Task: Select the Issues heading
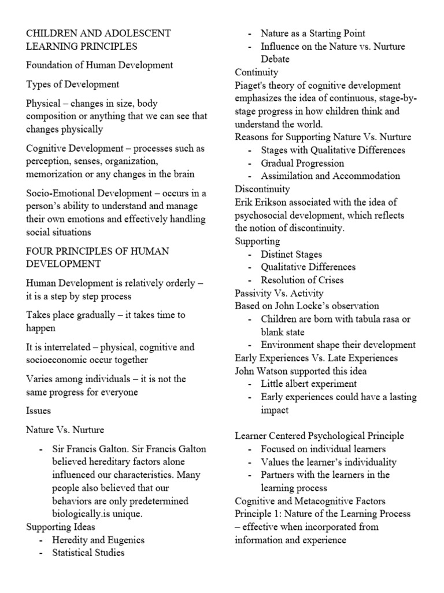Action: click(x=39, y=411)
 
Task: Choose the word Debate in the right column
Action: click(x=275, y=59)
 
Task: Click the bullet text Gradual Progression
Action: click(x=302, y=163)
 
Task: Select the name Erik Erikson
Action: click(x=261, y=202)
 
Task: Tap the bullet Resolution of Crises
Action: click(x=302, y=280)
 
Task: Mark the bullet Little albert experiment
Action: click(x=309, y=383)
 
